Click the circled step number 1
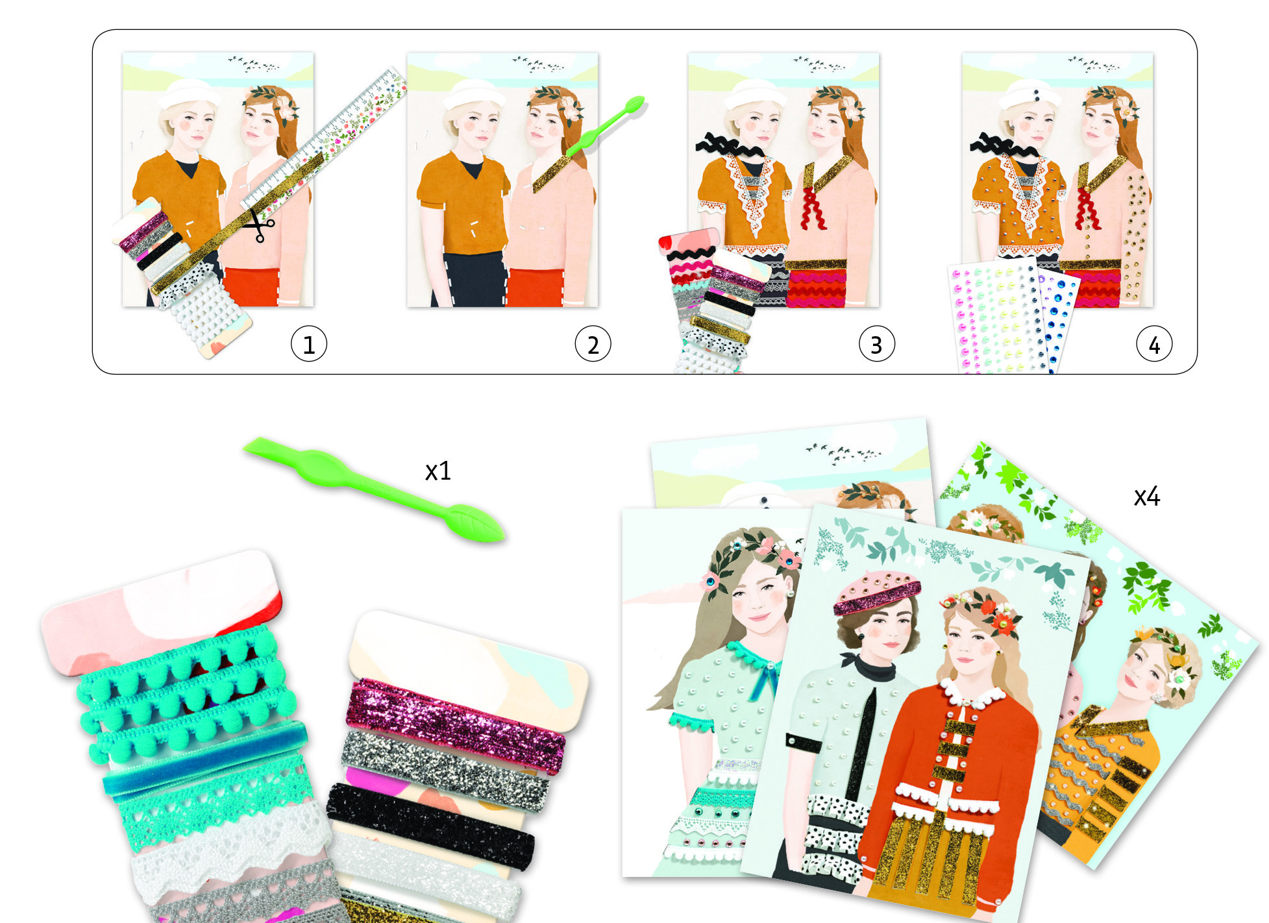(309, 344)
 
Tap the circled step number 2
(593, 344)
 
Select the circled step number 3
(876, 344)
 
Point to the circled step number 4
(1154, 344)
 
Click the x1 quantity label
(437, 471)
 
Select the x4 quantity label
(1146, 497)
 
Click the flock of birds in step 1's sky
(254, 64)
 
